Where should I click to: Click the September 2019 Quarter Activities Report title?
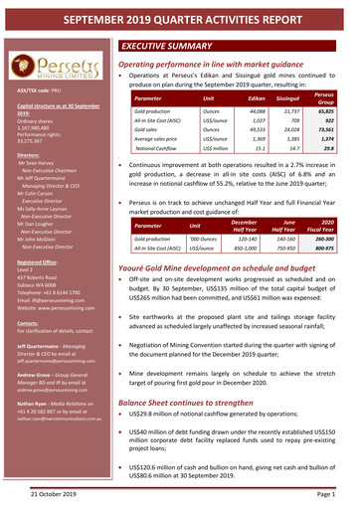(x=180, y=14)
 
